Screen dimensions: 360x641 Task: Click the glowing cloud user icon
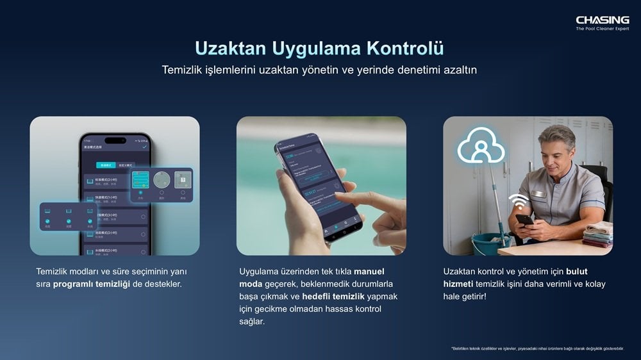pos(480,147)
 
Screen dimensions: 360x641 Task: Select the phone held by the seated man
pos(524,220)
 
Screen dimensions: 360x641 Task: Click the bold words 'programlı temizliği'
pos(92,283)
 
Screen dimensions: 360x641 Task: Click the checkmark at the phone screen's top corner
pos(144,147)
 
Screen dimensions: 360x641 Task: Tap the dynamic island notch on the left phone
pos(115,140)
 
